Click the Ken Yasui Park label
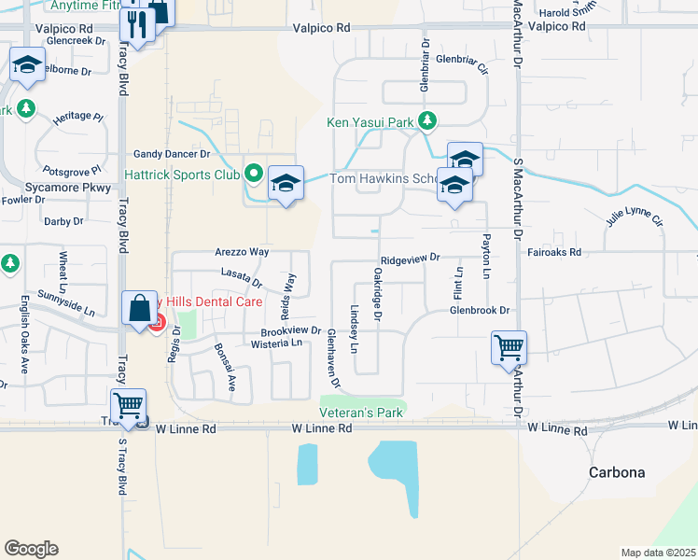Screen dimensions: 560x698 pyautogui.click(x=370, y=122)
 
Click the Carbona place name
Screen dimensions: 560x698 pyautogui.click(x=617, y=472)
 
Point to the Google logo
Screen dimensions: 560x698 pyautogui.click(x=31, y=549)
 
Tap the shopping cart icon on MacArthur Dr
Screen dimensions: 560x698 pyautogui.click(x=510, y=349)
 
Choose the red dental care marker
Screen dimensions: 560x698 pyautogui.click(x=157, y=324)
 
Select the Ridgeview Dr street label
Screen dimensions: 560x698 pyautogui.click(x=409, y=258)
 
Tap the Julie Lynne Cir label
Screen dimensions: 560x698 pyautogui.click(x=634, y=221)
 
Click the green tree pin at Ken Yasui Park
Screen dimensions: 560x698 pyautogui.click(x=427, y=120)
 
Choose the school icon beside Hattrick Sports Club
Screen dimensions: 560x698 pyautogui.click(x=286, y=184)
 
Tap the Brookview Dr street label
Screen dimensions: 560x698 pyautogui.click(x=291, y=331)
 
